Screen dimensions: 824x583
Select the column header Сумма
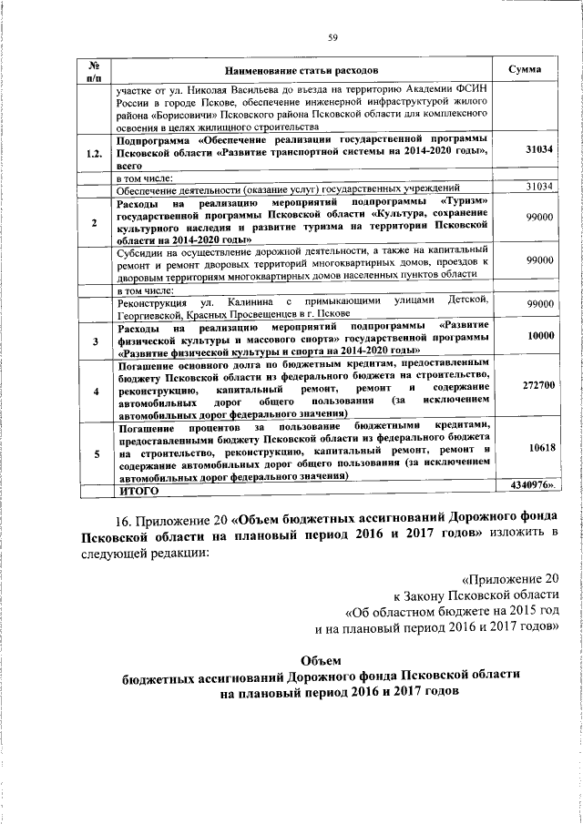pyautogui.click(x=527, y=70)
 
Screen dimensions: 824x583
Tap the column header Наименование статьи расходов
pyautogui.click(x=302, y=70)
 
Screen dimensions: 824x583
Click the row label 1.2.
pyautogui.click(x=93, y=154)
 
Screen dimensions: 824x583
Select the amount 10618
pyautogui.click(x=539, y=449)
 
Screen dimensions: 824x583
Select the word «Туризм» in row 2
pyautogui.click(x=468, y=200)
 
